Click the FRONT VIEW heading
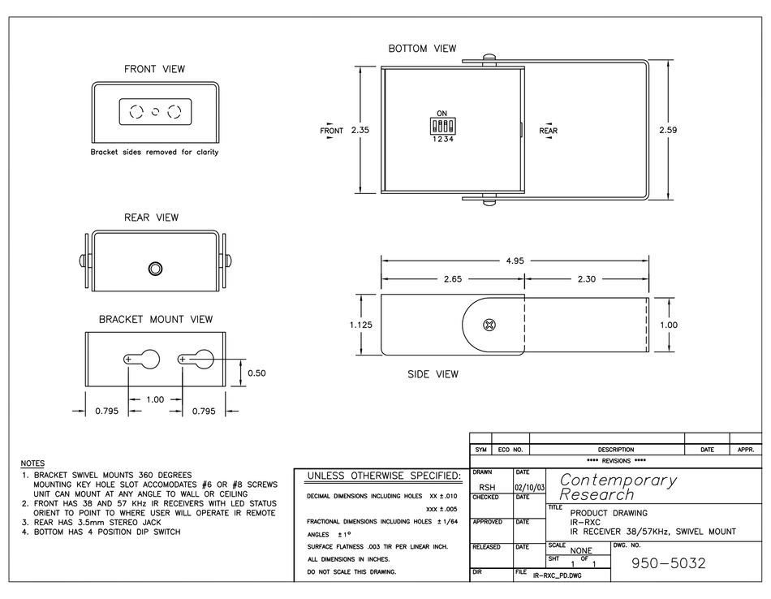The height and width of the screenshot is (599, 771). (154, 69)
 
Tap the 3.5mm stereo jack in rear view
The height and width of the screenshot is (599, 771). (154, 269)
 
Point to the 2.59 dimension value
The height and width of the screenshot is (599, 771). (667, 130)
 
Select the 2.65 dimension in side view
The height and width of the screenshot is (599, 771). (454, 278)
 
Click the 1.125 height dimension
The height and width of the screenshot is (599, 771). (361, 325)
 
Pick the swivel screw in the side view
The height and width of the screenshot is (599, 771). (489, 325)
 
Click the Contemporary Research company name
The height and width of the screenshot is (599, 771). (618, 487)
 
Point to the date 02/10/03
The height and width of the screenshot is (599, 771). (529, 489)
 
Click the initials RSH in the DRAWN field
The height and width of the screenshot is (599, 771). (488, 489)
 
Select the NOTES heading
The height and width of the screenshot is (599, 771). (32, 462)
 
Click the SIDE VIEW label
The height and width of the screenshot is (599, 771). (433, 374)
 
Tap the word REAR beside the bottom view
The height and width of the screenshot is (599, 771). (549, 130)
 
